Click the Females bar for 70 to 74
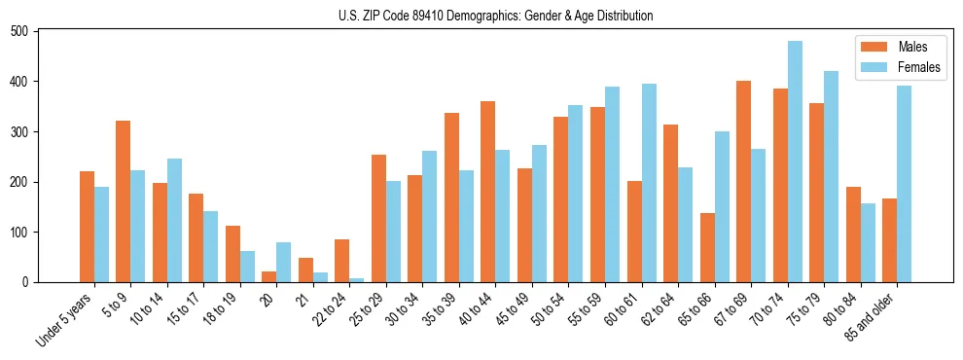[795, 162]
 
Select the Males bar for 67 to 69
[743, 181]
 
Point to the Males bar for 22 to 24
[341, 261]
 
